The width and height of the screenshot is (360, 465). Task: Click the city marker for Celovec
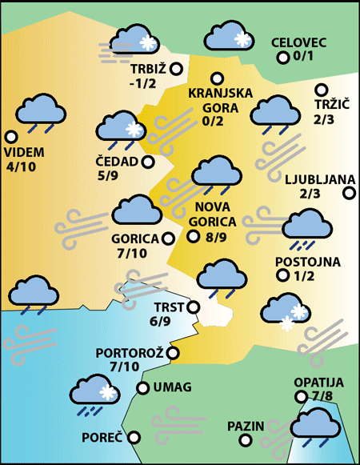(x=282, y=58)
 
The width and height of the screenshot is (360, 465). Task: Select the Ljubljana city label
(x=314, y=178)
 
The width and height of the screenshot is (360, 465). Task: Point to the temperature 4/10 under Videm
(x=20, y=166)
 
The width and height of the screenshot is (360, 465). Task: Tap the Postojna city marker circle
(x=282, y=276)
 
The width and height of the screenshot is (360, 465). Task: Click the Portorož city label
(x=130, y=353)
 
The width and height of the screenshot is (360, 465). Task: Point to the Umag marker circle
(x=143, y=388)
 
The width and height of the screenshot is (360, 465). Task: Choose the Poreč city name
(x=102, y=438)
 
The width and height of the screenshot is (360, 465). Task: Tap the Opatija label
(x=318, y=382)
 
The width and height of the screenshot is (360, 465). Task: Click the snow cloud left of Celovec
(x=229, y=37)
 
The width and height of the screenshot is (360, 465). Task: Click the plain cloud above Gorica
(x=137, y=210)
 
